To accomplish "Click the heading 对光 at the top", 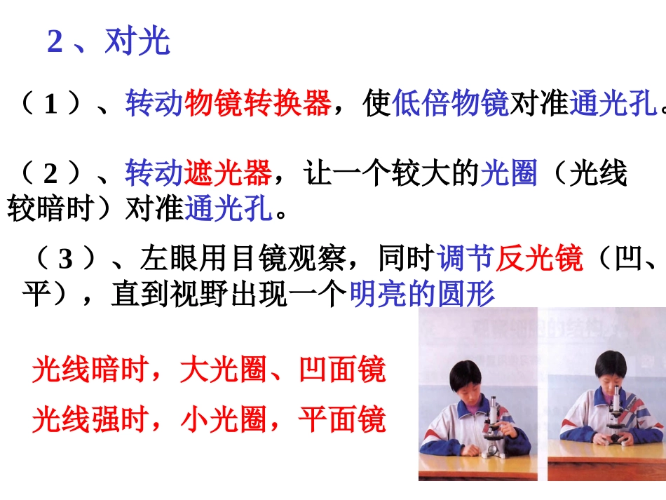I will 137,42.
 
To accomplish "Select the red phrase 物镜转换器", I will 257,104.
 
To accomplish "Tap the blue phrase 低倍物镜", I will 451,104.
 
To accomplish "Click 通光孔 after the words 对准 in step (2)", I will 229,208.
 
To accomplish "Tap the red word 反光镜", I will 539,259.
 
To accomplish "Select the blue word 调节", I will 466,259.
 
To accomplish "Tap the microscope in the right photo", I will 616,421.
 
